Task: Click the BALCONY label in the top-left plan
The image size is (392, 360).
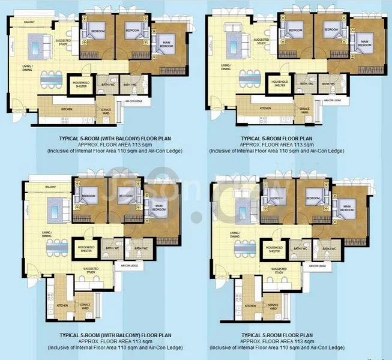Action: [29, 22]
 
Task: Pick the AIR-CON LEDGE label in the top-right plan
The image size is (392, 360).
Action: [333, 100]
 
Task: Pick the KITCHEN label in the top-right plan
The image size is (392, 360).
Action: [265, 108]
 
